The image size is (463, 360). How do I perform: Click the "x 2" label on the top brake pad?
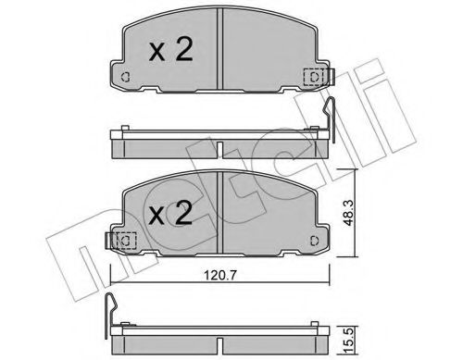pos(171,50)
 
